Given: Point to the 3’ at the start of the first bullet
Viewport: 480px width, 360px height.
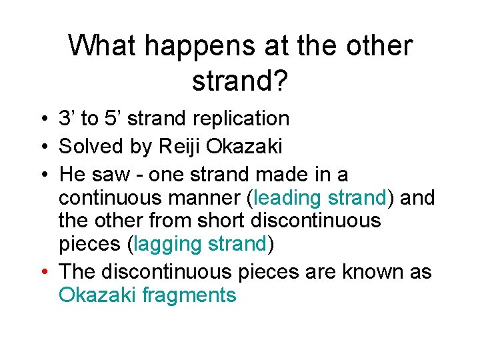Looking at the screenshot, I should (67, 119).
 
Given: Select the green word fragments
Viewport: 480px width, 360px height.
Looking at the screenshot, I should (189, 295).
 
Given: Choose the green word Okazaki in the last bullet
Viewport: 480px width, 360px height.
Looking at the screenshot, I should (98, 295).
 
